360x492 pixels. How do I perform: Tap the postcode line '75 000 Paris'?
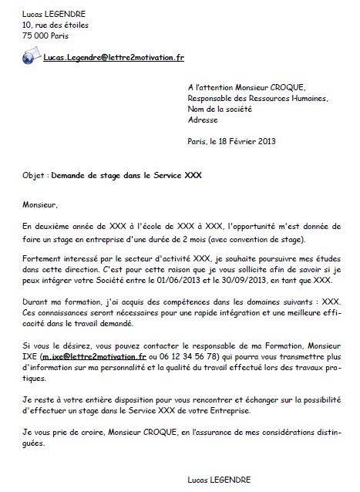point(47,35)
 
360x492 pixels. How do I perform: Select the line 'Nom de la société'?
point(223,110)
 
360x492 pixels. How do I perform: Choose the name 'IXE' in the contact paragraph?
point(32,358)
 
